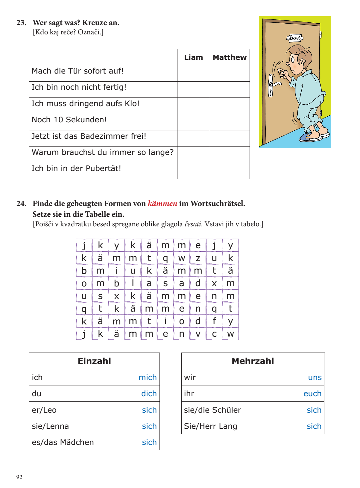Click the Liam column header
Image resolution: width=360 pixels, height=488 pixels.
193,57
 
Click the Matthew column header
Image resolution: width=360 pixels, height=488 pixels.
230,57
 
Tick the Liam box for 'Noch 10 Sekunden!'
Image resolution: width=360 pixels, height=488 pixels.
193,122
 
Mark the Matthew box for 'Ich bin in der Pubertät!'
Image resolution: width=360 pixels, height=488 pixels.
230,171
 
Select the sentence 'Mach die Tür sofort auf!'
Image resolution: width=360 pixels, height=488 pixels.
78,71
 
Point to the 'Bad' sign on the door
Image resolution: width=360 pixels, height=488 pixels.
295,38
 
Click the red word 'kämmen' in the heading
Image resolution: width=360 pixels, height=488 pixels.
162,204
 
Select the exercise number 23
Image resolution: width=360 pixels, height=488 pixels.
21,23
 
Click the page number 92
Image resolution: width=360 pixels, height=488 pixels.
19,477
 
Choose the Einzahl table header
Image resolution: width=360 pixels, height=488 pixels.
94,361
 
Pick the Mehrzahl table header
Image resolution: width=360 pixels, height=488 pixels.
253,361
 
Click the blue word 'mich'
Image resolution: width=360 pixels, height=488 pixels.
148,377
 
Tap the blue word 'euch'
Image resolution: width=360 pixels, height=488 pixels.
312,394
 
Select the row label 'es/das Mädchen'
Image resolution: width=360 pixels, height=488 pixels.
63,442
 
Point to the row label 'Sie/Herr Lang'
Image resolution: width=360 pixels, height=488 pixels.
210,426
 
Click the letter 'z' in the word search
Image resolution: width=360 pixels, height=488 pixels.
198,258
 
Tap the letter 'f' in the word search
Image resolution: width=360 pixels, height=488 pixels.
214,321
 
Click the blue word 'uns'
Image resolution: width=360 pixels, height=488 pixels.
315,377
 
